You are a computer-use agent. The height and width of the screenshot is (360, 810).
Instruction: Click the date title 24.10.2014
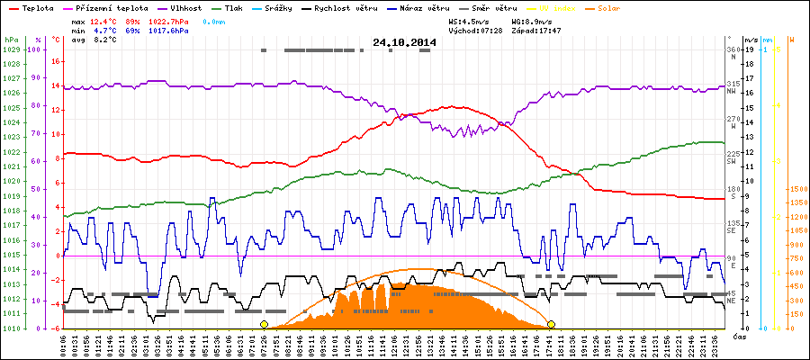(404, 42)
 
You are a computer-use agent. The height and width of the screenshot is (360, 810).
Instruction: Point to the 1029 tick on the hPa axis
(11, 49)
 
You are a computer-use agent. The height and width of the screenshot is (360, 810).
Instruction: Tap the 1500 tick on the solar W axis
(797, 190)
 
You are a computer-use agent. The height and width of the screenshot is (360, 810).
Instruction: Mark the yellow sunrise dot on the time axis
(264, 324)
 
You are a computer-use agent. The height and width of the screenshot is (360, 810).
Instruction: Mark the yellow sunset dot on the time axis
(551, 324)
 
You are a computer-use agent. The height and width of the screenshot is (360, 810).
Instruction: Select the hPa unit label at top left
(10, 40)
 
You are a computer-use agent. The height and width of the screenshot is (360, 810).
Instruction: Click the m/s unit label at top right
(751, 40)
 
